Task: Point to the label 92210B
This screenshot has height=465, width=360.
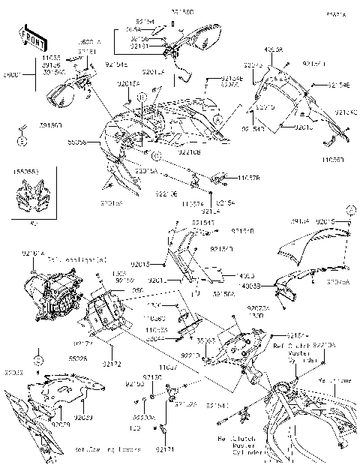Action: pyautogui.click(x=188, y=152)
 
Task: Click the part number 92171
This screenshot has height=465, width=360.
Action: pyautogui.click(x=165, y=448)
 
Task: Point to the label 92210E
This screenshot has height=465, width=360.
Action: pyautogui.click(x=166, y=193)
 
